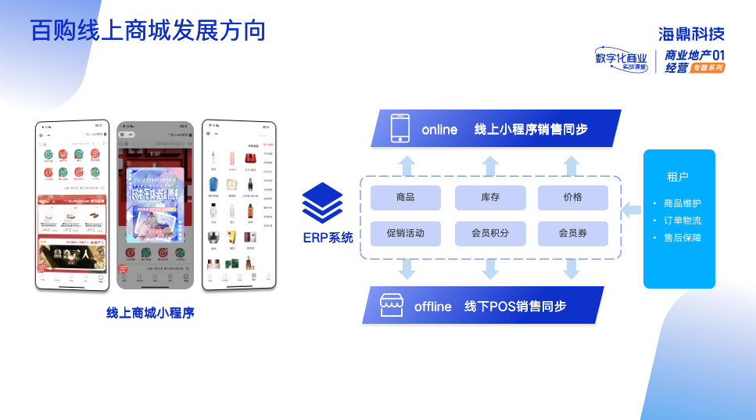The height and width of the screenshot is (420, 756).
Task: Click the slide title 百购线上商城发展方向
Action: click(x=149, y=30)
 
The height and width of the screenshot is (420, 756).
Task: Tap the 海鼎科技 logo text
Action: click(x=691, y=34)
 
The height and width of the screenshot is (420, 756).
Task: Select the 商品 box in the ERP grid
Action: click(x=405, y=198)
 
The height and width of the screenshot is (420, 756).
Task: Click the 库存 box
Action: click(x=490, y=198)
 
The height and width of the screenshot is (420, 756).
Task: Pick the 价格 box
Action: click(x=572, y=198)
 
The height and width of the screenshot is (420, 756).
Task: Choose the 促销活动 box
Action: click(x=405, y=233)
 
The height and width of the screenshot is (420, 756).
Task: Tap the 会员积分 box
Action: click(x=490, y=233)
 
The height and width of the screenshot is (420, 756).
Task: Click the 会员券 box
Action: click(x=572, y=233)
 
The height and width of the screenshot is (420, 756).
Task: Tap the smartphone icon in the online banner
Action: click(x=400, y=129)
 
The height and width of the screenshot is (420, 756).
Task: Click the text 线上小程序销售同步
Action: click(x=531, y=129)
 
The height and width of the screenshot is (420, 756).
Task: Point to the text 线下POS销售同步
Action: click(x=515, y=306)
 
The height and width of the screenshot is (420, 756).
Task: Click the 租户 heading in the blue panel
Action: click(x=678, y=177)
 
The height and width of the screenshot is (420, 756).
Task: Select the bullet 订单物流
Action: click(x=682, y=221)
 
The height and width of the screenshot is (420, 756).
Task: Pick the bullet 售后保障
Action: click(x=682, y=238)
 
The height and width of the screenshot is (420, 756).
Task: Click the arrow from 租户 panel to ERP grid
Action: click(x=631, y=210)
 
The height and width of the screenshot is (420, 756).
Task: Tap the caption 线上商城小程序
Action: click(x=150, y=313)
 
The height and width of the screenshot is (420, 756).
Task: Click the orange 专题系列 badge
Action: click(x=708, y=68)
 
